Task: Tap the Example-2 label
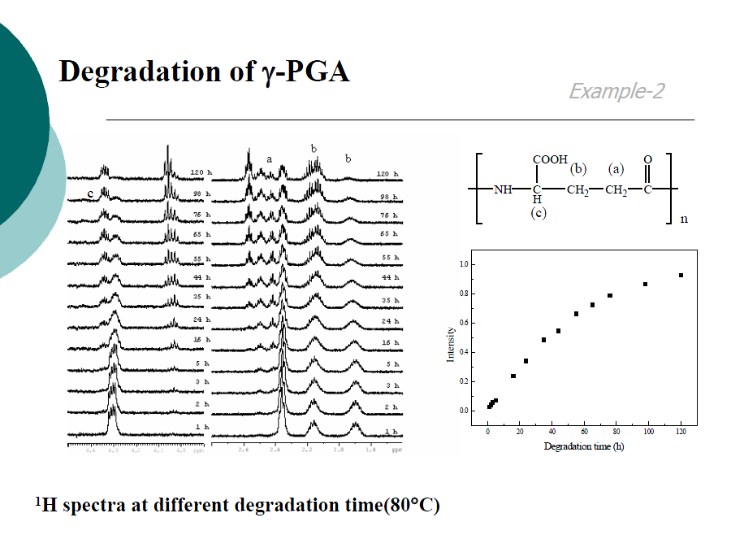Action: point(616,91)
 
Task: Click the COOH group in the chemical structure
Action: point(550,160)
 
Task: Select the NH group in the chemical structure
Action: point(504,190)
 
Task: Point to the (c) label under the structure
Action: point(537,213)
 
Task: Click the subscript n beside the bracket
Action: point(684,219)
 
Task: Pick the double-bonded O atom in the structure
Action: point(647,160)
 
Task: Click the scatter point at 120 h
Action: point(681,275)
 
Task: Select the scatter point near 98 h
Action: point(645,284)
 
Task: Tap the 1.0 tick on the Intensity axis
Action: point(464,264)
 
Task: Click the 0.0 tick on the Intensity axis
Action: point(464,411)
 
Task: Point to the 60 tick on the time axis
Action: point(584,431)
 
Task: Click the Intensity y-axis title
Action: point(451,345)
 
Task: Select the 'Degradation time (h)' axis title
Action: point(583,446)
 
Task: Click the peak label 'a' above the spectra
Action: point(269,159)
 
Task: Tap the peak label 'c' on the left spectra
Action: point(91,193)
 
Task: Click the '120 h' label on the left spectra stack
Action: point(199,173)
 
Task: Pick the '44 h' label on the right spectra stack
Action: point(390,277)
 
